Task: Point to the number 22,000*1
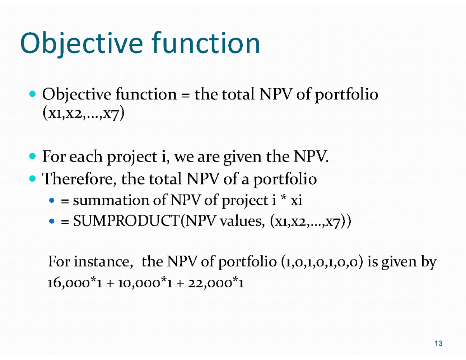click(x=216, y=284)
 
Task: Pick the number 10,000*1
click(x=143, y=284)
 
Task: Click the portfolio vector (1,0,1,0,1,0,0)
click(x=321, y=263)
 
